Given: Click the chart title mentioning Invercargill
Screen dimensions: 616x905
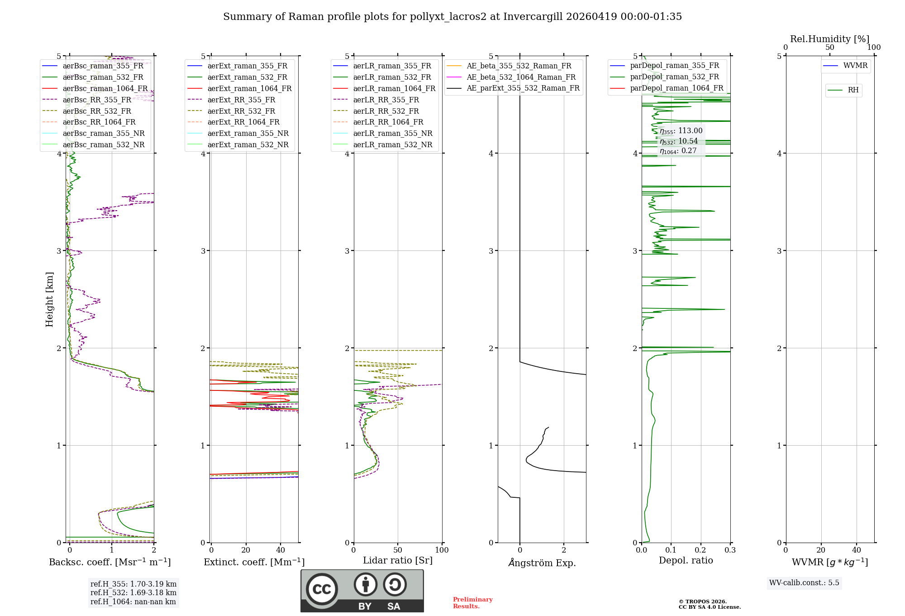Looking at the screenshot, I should tap(452, 17).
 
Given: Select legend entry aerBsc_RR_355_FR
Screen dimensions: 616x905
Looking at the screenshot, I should tap(97, 100).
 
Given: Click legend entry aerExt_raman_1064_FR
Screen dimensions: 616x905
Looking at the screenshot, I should tap(249, 88).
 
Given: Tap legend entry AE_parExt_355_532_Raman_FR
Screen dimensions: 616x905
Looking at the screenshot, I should tap(523, 88).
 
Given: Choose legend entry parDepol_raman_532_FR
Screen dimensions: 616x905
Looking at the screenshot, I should tap(674, 77).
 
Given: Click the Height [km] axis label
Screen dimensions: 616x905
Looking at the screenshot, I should tap(49, 299).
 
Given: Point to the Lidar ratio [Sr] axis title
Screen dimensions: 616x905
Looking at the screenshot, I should tap(398, 560).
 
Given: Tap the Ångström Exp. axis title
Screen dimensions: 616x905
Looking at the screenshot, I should tap(542, 563).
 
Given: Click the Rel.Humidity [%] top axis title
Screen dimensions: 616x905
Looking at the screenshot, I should tap(829, 39).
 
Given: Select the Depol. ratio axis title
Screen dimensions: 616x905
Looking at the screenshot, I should tap(686, 560).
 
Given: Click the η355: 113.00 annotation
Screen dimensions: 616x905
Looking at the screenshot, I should tap(681, 131).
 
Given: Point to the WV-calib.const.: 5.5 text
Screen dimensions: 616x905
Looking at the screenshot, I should tap(804, 582).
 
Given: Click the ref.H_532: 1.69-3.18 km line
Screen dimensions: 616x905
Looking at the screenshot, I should tap(133, 592).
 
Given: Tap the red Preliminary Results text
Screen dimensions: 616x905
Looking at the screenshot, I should tap(472, 603).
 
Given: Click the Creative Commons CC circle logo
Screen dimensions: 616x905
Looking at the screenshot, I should tap(322, 589).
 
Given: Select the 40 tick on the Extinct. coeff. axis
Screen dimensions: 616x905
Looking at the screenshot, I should tap(281, 550).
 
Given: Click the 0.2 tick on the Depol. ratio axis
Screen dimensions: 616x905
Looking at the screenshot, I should tap(700, 550).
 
